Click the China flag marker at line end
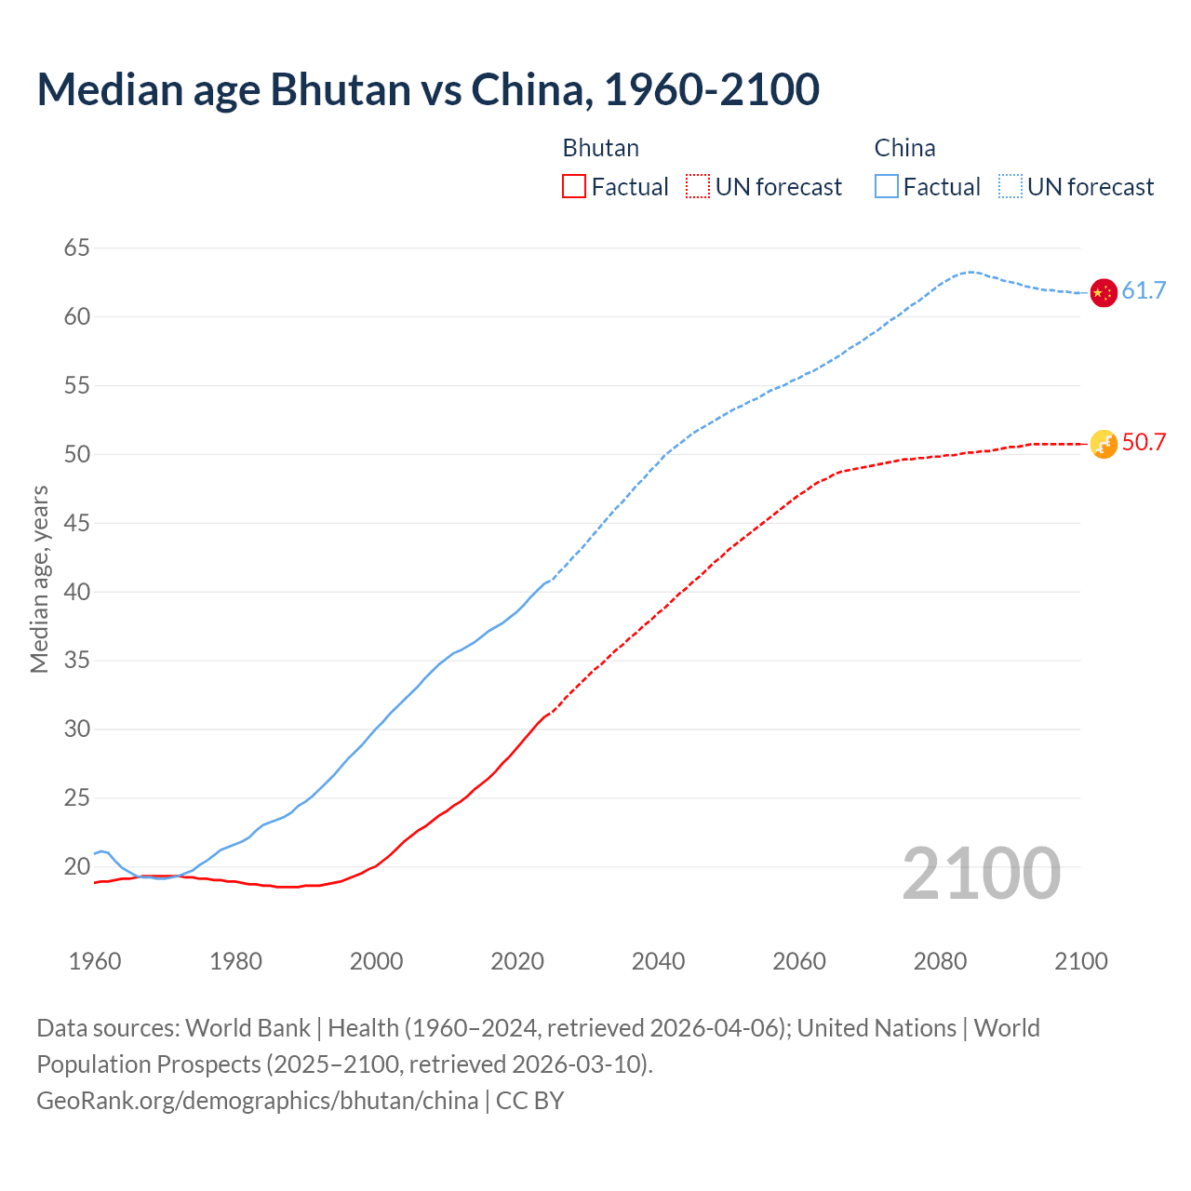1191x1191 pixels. pyautogui.click(x=1103, y=292)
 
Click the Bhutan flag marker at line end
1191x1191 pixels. pyautogui.click(x=1103, y=444)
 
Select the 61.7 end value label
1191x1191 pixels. pyautogui.click(x=1144, y=291)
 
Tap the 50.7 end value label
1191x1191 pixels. pyautogui.click(x=1144, y=443)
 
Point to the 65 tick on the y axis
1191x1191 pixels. pyautogui.click(x=77, y=248)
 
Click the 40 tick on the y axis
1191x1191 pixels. pyautogui.click(x=77, y=592)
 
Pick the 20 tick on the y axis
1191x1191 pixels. pyautogui.click(x=77, y=867)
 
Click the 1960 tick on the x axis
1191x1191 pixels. pyautogui.click(x=95, y=961)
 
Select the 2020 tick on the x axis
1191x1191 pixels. pyautogui.click(x=517, y=961)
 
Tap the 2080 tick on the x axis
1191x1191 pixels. pyautogui.click(x=940, y=961)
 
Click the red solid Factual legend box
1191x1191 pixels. pyautogui.click(x=574, y=187)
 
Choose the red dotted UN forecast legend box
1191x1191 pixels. pyautogui.click(x=698, y=187)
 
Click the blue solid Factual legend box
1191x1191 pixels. pyautogui.click(x=887, y=187)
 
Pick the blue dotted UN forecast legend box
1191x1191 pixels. pyautogui.click(x=1010, y=187)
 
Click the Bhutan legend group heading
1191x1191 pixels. pyautogui.click(x=601, y=148)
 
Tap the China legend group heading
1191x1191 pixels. pyautogui.click(x=904, y=148)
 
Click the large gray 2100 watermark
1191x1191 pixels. pyautogui.click(x=981, y=874)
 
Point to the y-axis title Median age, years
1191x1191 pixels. pyautogui.click(x=39, y=579)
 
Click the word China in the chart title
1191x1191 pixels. pyautogui.click(x=528, y=89)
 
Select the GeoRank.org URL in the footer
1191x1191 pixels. pyautogui.click(x=257, y=1101)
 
